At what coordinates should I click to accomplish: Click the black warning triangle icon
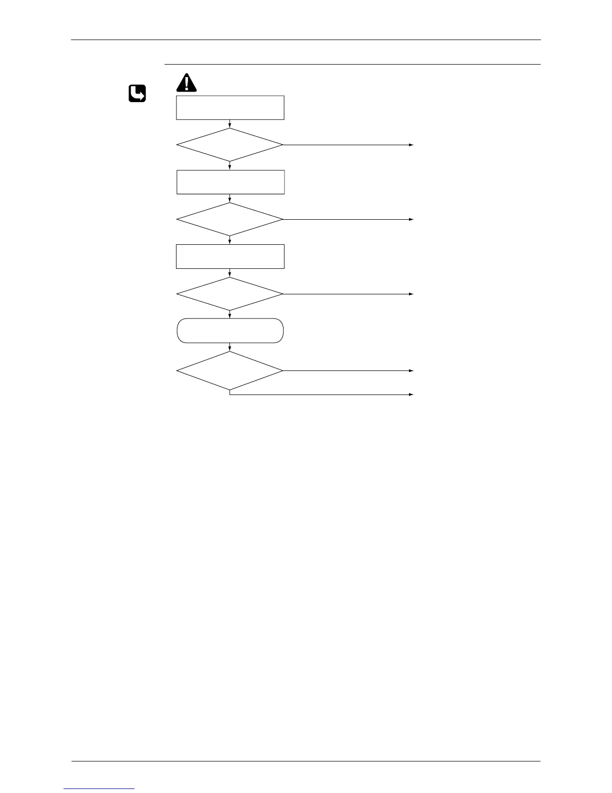(x=186, y=83)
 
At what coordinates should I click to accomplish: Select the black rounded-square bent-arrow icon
(x=137, y=94)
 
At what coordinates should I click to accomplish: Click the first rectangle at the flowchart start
(x=230, y=108)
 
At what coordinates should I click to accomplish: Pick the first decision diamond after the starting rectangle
(x=230, y=145)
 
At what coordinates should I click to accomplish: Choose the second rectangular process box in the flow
(x=230, y=182)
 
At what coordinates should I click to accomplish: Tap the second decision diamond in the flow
(x=230, y=219)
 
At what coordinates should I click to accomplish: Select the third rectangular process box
(x=230, y=256)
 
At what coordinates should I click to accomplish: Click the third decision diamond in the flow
(x=230, y=294)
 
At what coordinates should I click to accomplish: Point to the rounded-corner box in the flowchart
(x=230, y=330)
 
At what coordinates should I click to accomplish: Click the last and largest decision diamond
(x=230, y=370)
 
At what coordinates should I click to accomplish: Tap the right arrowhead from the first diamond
(x=412, y=145)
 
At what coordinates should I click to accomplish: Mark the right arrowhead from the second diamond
(x=412, y=219)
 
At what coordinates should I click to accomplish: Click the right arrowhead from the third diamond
(x=412, y=294)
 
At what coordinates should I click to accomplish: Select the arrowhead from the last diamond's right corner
(x=412, y=370)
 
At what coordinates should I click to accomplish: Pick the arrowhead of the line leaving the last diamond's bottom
(x=412, y=394)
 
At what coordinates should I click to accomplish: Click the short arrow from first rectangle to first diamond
(x=230, y=124)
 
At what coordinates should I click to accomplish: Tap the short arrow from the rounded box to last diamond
(x=230, y=347)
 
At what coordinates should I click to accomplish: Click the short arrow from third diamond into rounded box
(x=230, y=314)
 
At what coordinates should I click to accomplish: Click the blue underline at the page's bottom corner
(x=99, y=788)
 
